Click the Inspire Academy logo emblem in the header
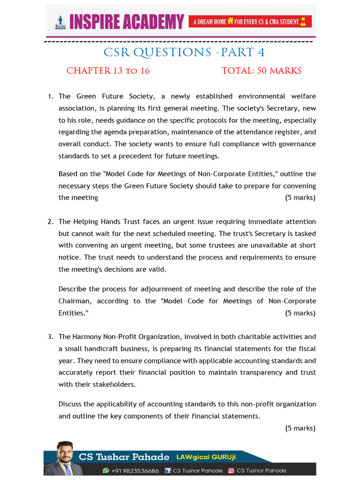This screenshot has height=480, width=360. click(x=60, y=22)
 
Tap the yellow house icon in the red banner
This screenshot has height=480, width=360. click(x=230, y=22)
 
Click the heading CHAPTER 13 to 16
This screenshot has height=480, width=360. click(x=108, y=71)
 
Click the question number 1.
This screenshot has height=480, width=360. click(x=50, y=96)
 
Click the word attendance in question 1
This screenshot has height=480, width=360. click(x=253, y=132)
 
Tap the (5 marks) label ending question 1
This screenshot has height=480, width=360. click(x=300, y=197)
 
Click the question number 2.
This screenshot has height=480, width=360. click(x=50, y=221)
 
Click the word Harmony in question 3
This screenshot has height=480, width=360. click(x=86, y=337)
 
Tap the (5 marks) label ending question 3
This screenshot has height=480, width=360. click(x=300, y=428)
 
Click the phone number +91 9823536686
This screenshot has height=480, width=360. click(x=135, y=471)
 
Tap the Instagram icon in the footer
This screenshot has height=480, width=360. click(x=231, y=471)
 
